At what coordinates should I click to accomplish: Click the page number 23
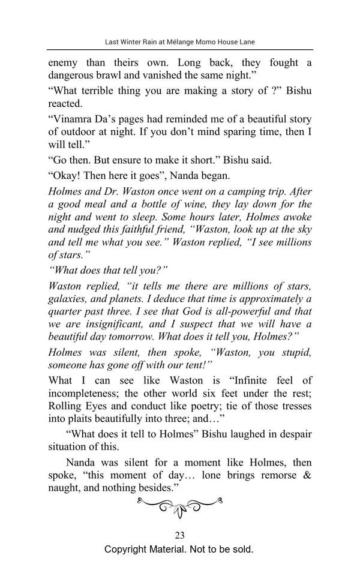[179, 536]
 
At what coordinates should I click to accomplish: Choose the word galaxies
[68, 299]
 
